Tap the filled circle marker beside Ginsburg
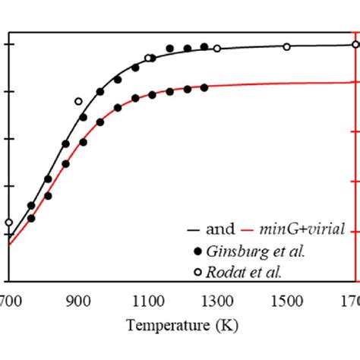click(198, 251)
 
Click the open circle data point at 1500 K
click(287, 47)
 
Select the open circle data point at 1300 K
click(217, 49)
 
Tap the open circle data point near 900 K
click(78, 101)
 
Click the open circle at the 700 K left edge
click(8, 223)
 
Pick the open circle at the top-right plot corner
click(356, 44)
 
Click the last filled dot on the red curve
click(204, 87)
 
